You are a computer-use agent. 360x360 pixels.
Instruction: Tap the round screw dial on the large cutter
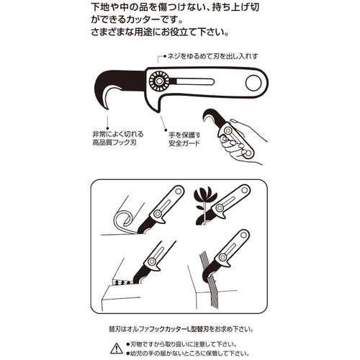159,81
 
